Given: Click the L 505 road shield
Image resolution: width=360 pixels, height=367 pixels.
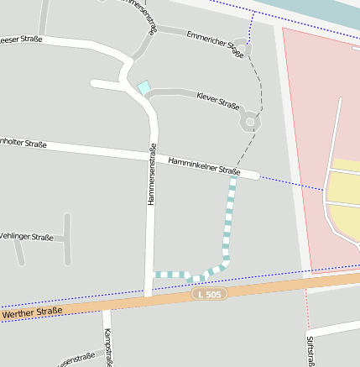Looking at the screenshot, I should click(x=209, y=294).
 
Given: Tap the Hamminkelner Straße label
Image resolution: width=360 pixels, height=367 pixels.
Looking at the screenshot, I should click(x=204, y=165).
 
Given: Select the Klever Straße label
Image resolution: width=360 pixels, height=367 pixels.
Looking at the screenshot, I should click(x=217, y=102).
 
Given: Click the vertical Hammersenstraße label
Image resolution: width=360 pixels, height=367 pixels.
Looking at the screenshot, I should click(x=152, y=175).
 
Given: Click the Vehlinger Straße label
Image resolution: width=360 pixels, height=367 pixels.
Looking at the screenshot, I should click(x=26, y=237).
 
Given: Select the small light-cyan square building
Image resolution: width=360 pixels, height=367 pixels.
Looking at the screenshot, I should click(x=143, y=87).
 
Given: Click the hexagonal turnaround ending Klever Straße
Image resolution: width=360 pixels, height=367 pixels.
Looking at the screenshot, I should click(x=249, y=123).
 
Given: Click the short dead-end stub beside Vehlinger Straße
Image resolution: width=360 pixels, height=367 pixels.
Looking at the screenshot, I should click(x=67, y=239).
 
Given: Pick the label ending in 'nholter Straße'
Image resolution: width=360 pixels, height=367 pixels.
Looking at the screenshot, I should click(x=23, y=144).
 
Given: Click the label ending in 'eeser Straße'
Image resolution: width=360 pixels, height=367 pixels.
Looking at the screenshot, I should click(x=21, y=39).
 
